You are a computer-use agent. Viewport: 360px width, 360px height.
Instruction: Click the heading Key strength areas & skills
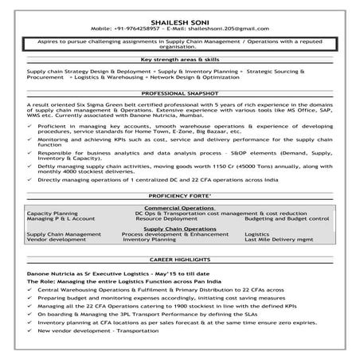(x=179, y=59)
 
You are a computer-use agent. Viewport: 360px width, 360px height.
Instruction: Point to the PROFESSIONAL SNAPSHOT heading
(x=179, y=93)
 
